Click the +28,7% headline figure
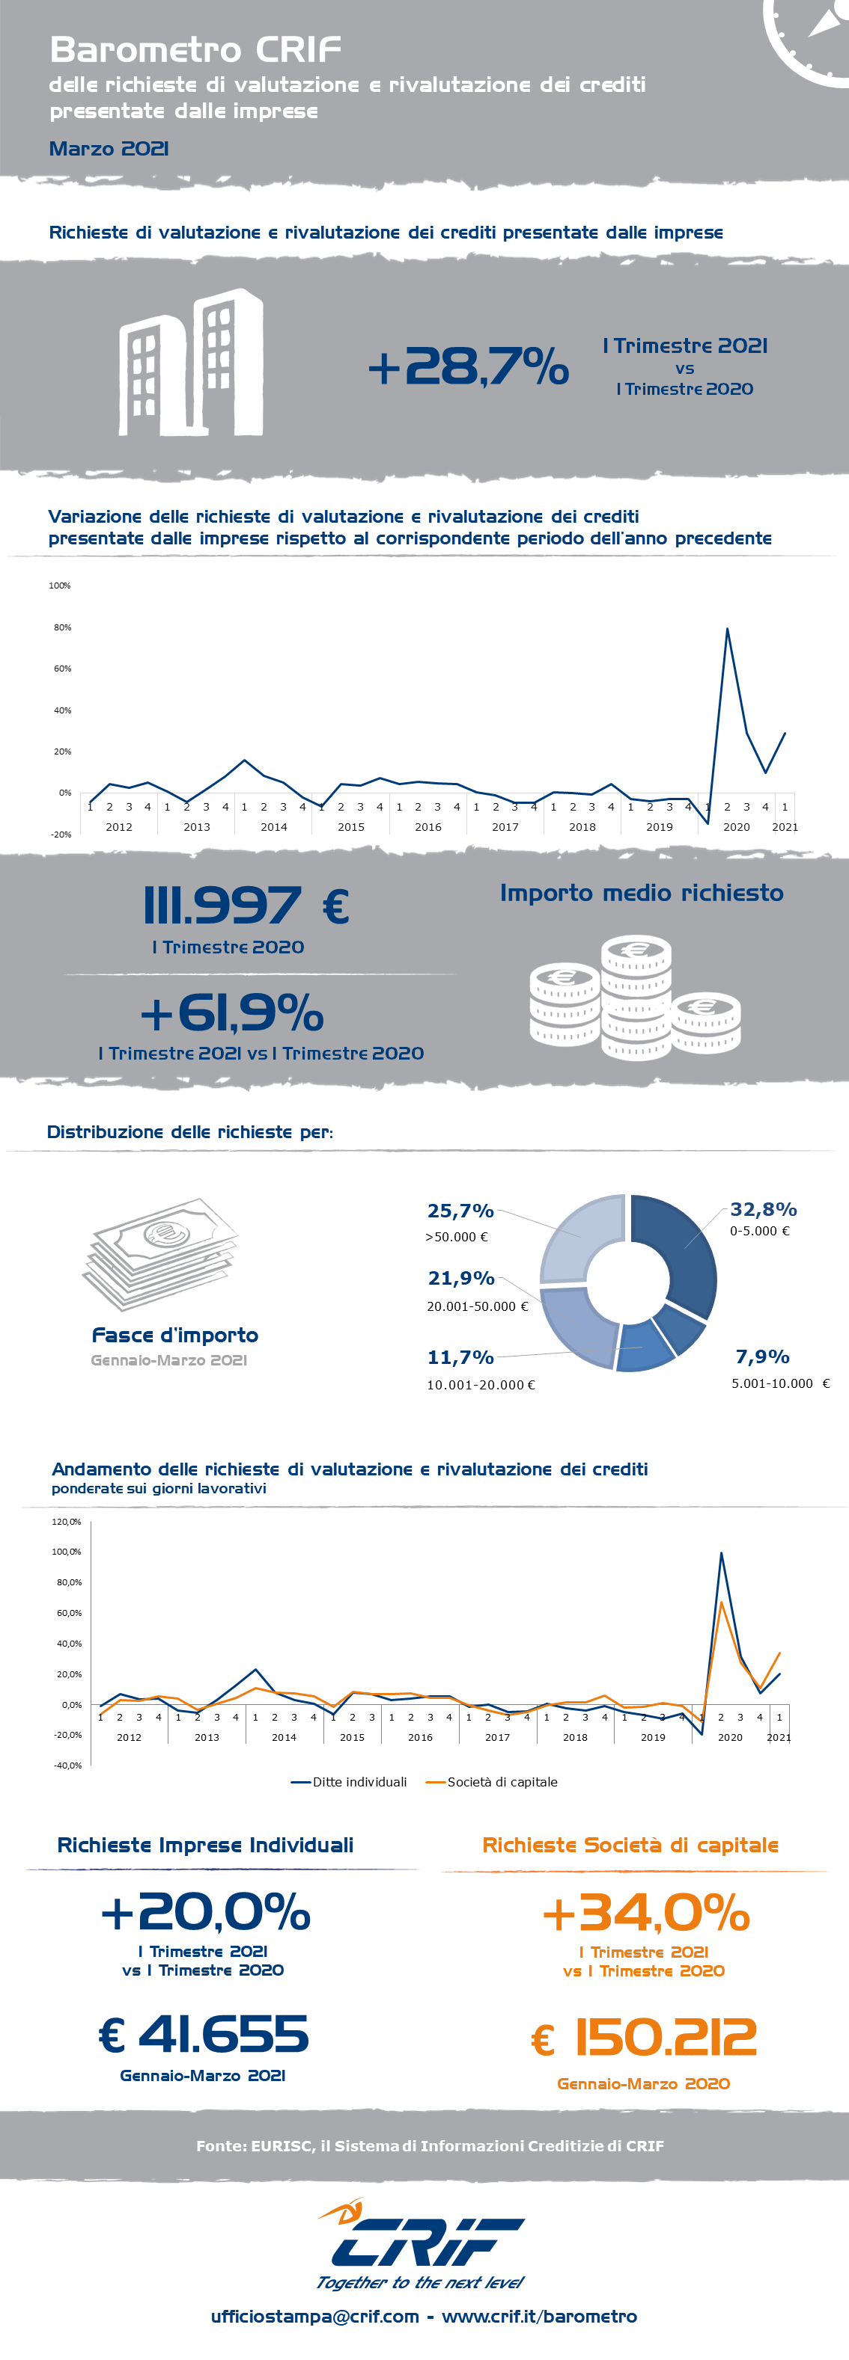coord(468,366)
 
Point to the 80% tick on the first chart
coord(62,627)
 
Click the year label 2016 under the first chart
coord(427,827)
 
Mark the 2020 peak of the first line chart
coord(727,630)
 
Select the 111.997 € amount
coord(246,905)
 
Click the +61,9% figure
coord(232,1012)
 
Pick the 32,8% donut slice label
coord(763,1209)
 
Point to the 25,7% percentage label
coord(460,1211)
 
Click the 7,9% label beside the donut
coord(762,1356)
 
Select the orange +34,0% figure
coord(646,1913)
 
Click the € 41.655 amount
coord(204,2035)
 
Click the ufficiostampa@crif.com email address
coord(314,2317)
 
